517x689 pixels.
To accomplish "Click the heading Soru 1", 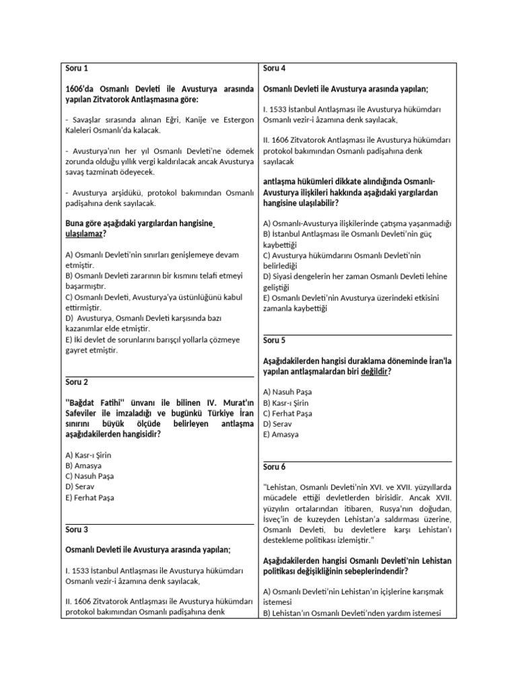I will click(77, 68).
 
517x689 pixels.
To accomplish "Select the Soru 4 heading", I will click(275, 68).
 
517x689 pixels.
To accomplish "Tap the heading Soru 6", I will click(275, 466).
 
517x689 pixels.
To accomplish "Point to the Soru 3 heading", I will click(77, 530).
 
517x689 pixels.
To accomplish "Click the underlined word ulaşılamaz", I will click(85, 233).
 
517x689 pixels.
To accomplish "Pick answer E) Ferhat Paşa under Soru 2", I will click(90, 498).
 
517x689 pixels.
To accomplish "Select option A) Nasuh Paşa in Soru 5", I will click(287, 392).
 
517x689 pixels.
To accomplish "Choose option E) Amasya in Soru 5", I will click(281, 435).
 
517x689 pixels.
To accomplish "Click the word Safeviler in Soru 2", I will click(82, 413).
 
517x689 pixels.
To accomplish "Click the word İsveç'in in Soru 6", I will click(279, 519).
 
